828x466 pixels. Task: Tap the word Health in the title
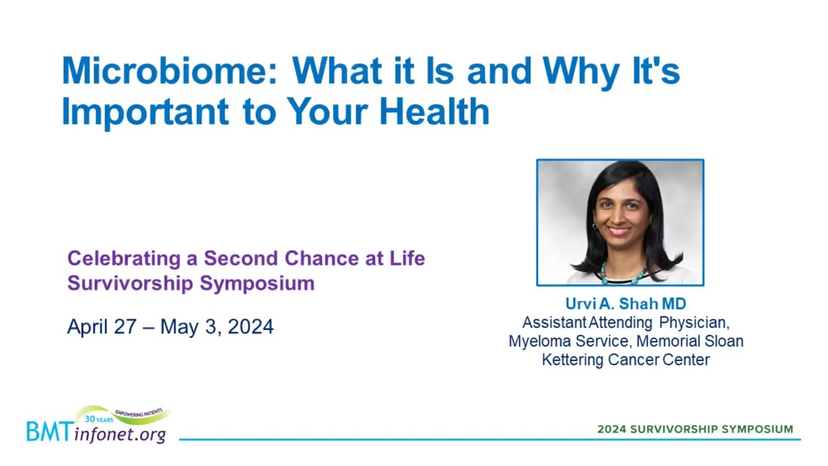[435, 111]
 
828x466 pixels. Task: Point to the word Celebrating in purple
[124, 259]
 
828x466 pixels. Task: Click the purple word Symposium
[257, 284]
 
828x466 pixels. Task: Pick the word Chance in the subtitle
[321, 258]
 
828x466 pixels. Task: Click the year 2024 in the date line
[250, 326]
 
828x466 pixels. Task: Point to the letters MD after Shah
[674, 304]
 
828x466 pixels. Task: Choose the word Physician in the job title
[694, 323]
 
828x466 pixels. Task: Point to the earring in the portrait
[594, 225]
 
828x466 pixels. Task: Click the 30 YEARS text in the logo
[99, 419]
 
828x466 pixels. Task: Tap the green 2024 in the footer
[612, 429]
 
